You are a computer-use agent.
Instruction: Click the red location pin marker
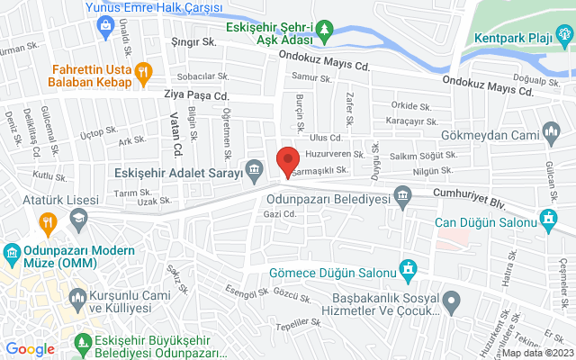point(287,161)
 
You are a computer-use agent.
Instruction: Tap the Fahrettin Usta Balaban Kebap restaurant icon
point(141,72)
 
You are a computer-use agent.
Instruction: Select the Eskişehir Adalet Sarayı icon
point(256,169)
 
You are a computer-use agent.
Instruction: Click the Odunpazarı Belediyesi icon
point(401,194)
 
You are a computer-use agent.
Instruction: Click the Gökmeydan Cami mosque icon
point(552,136)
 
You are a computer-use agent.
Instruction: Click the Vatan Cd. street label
point(176,135)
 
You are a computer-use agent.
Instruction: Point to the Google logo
point(30,348)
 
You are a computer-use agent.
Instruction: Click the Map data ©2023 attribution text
point(537,353)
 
